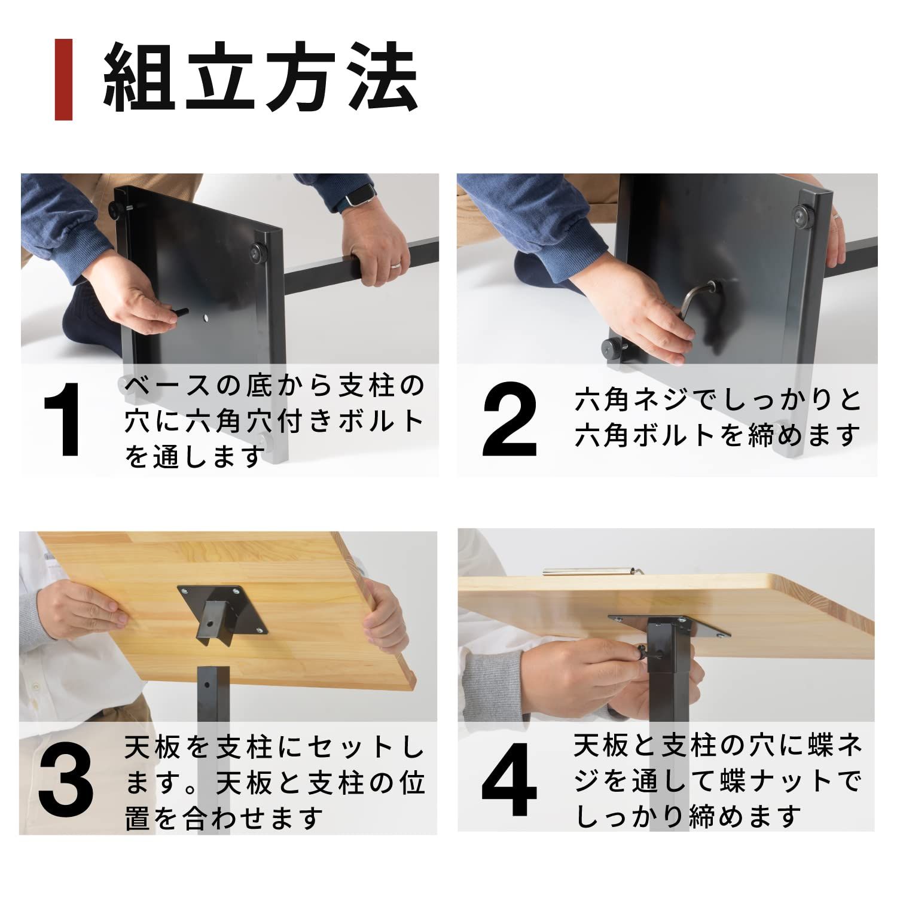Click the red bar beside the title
(63, 80)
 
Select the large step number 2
(509, 420)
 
